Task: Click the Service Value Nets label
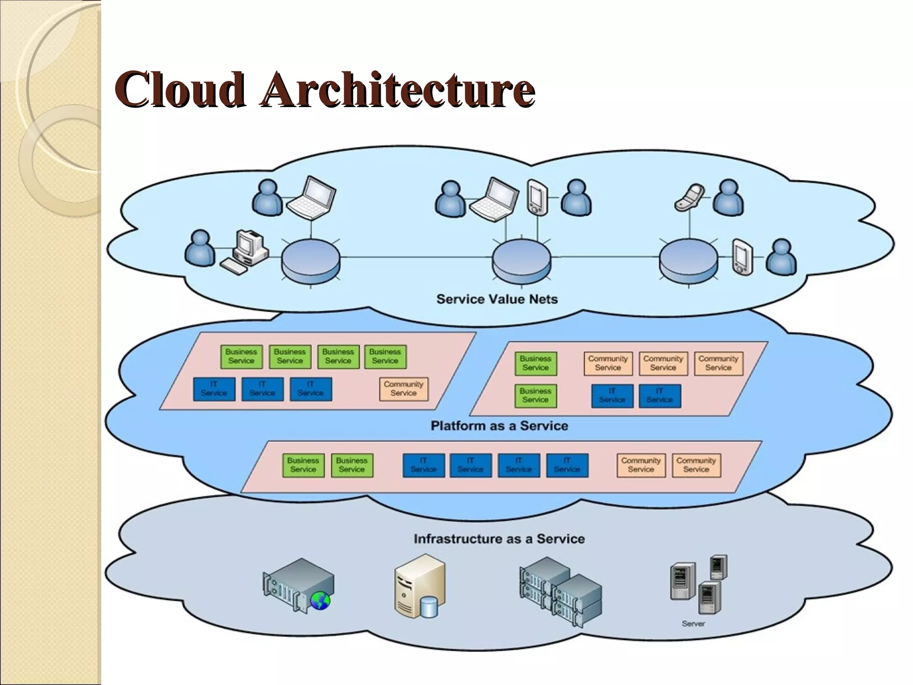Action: [497, 299]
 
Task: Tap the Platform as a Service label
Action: [499, 425]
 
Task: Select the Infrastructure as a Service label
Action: [499, 539]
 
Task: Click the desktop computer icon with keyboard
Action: [246, 252]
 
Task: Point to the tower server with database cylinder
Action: [419, 586]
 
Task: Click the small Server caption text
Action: [693, 624]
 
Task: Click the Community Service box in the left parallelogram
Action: [403, 389]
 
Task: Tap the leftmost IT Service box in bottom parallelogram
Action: [423, 465]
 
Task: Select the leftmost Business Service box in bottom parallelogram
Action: [303, 465]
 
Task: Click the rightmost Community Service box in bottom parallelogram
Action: [695, 465]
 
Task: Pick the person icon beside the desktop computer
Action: [199, 248]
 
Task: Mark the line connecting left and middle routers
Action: [415, 257]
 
